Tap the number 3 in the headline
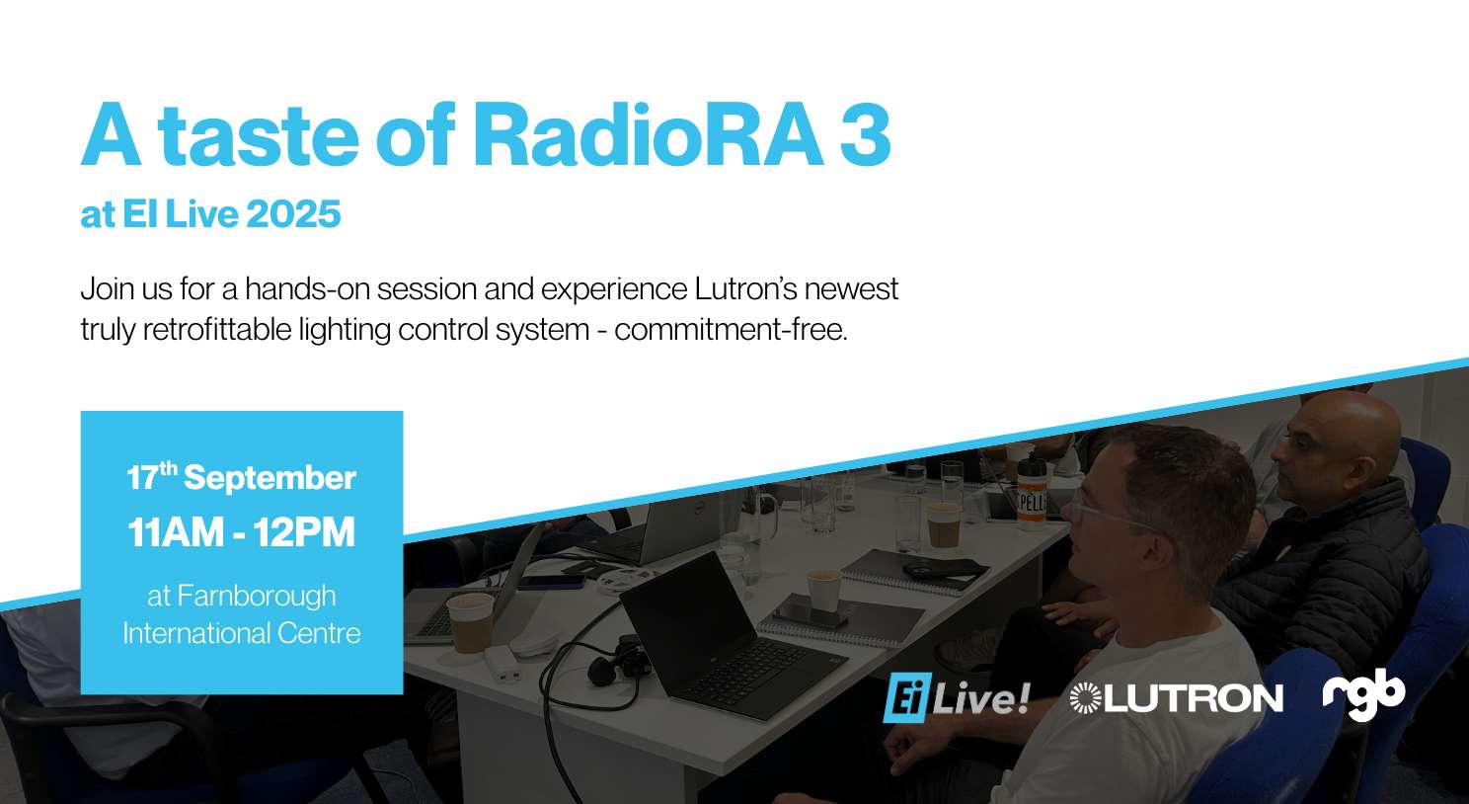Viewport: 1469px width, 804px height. click(865, 136)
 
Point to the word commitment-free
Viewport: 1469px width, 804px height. click(731, 330)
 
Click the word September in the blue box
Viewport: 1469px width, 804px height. click(270, 479)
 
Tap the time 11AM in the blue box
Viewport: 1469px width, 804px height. click(176, 532)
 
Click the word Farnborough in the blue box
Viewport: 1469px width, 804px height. click(257, 597)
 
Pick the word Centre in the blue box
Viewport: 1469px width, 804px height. click(319, 633)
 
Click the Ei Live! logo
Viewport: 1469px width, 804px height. click(957, 699)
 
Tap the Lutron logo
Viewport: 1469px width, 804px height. click(1176, 698)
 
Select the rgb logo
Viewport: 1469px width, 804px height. click(1364, 694)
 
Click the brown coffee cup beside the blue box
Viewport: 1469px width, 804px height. click(470, 623)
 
